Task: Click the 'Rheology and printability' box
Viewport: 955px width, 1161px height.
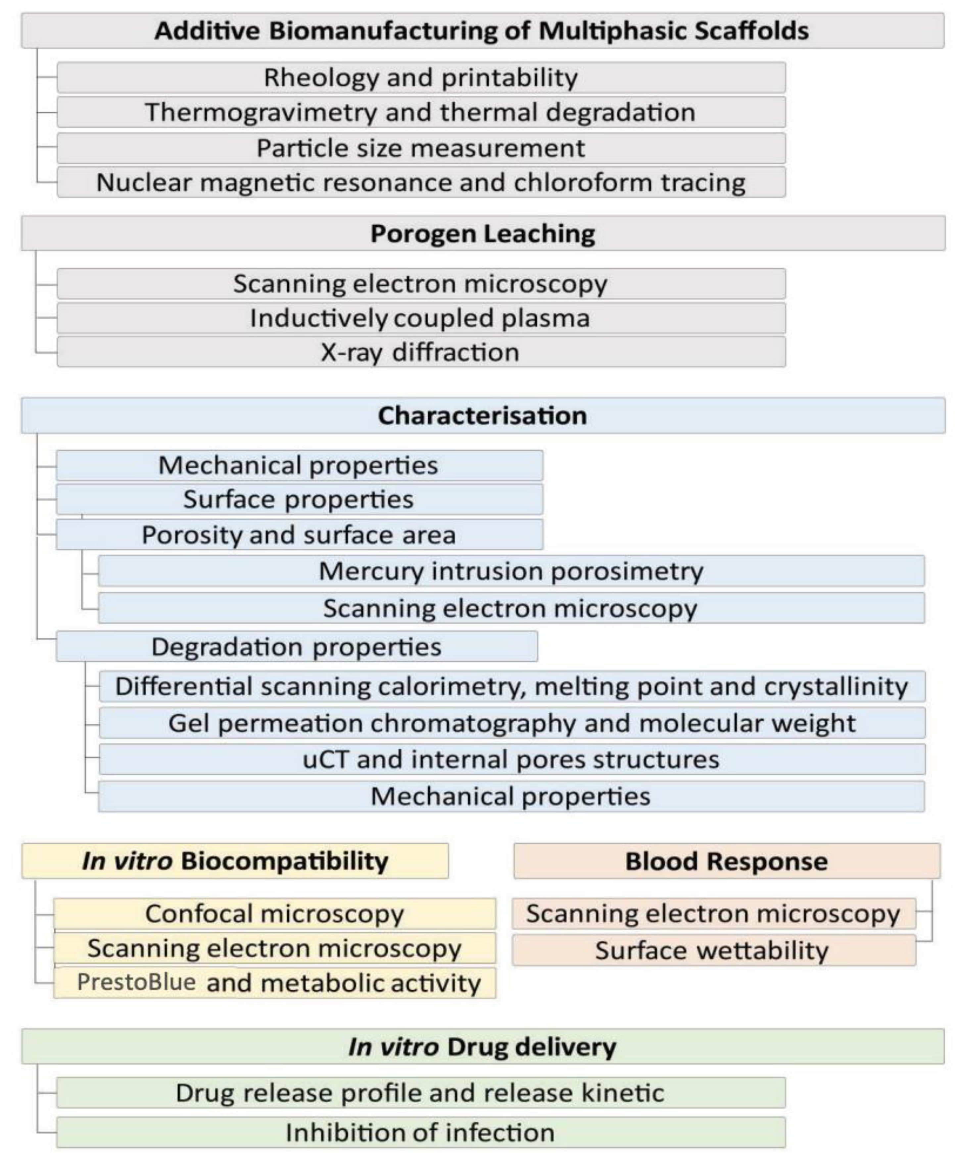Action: coord(421,78)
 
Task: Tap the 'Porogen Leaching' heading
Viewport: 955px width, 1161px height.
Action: coord(482,233)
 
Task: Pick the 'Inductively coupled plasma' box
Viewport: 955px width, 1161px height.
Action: coord(421,318)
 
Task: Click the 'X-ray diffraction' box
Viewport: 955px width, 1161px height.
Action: coord(421,352)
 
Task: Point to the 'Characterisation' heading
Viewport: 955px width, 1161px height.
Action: coord(482,415)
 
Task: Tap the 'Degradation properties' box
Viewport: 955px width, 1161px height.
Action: coord(297,647)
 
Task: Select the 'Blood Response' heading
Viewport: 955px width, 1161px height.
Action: coord(726,861)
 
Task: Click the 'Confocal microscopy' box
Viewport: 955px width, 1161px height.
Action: coord(274,914)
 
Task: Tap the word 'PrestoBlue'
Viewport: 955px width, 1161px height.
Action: coord(136,982)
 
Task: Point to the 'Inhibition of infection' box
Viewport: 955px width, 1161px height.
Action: coord(421,1133)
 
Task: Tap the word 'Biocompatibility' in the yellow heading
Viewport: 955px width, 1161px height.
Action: coord(284,861)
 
